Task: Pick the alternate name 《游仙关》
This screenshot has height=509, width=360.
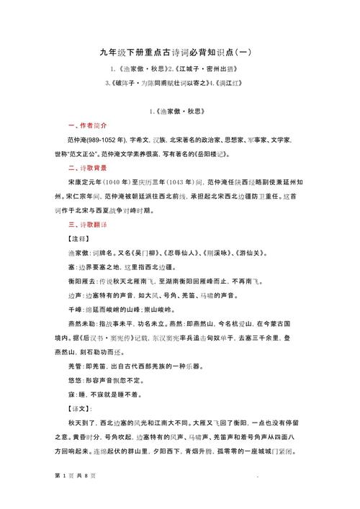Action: [x=253, y=253]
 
